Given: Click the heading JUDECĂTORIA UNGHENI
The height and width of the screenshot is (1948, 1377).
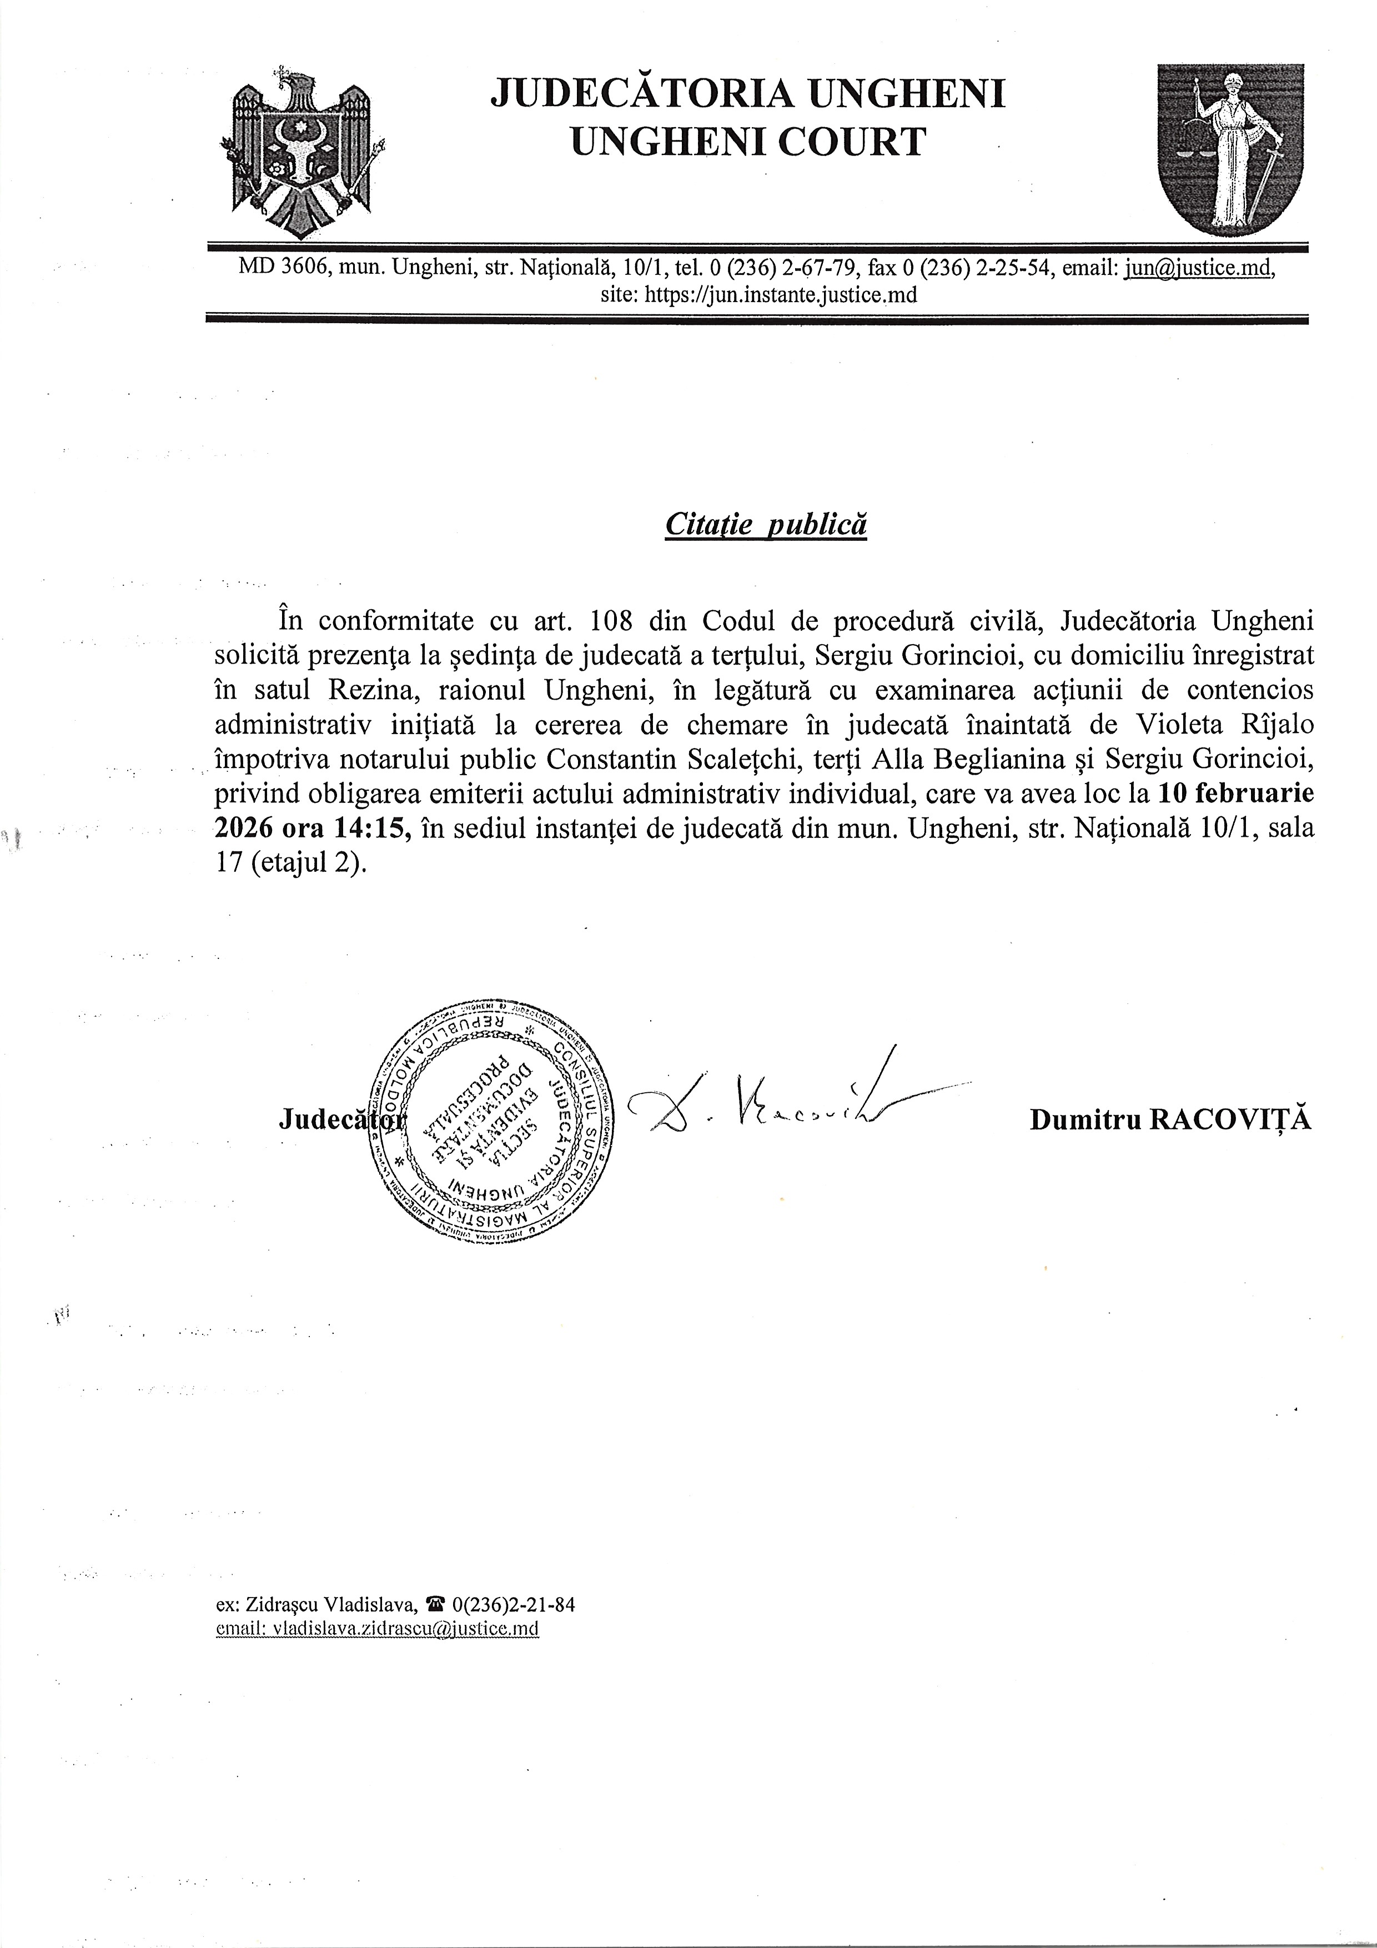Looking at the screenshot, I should click(747, 93).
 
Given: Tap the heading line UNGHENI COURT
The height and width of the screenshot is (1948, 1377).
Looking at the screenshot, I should click(747, 141).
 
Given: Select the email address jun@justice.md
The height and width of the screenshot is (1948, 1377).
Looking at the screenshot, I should click(1198, 268).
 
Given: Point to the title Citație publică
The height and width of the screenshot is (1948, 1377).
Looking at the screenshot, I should click(765, 524).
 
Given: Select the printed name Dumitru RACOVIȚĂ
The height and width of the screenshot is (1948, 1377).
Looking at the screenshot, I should click(1170, 1120).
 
